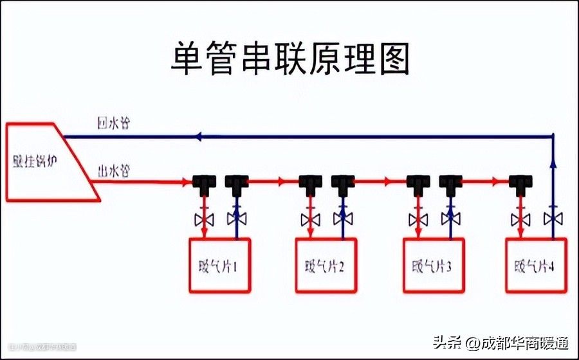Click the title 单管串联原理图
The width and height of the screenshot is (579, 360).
coord(289,59)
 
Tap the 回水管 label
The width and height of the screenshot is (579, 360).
coord(113,124)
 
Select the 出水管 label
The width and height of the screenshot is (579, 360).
coord(113,171)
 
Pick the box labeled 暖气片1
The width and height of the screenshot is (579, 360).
coord(219,265)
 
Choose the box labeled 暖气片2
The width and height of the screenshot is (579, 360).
coord(326,265)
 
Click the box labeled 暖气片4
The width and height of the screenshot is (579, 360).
coord(535,265)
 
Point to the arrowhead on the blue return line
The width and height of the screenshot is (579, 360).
coord(199,136)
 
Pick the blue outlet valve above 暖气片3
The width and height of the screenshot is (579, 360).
coord(450,219)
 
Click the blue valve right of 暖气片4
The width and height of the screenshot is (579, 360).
coord(553,219)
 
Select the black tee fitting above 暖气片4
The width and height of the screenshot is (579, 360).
coord(519,183)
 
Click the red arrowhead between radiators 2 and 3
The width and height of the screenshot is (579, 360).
coord(387,181)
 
